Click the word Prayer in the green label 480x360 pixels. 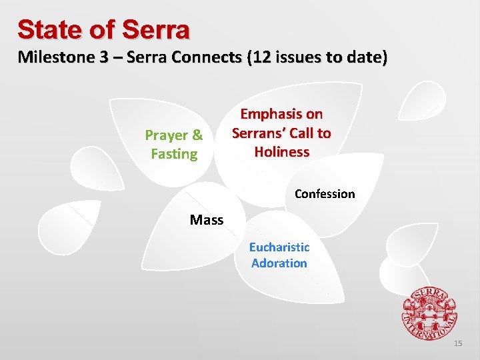click(x=167, y=135)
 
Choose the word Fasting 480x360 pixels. click(x=174, y=154)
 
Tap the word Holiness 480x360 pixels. click(x=281, y=152)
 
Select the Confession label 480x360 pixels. click(x=325, y=194)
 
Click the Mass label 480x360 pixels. click(x=207, y=220)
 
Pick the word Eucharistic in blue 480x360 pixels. click(x=279, y=247)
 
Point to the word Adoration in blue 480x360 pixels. click(x=279, y=263)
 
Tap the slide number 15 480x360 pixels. click(x=457, y=343)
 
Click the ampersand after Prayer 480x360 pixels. click(x=197, y=135)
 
